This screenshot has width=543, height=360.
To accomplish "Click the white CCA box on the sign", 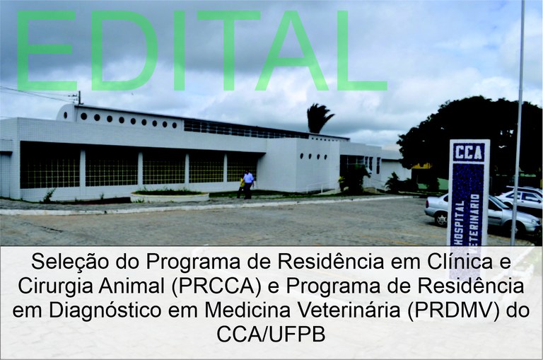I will (469, 151).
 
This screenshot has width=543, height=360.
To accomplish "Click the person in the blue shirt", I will (248, 183).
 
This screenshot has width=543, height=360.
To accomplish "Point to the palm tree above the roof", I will (320, 118).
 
